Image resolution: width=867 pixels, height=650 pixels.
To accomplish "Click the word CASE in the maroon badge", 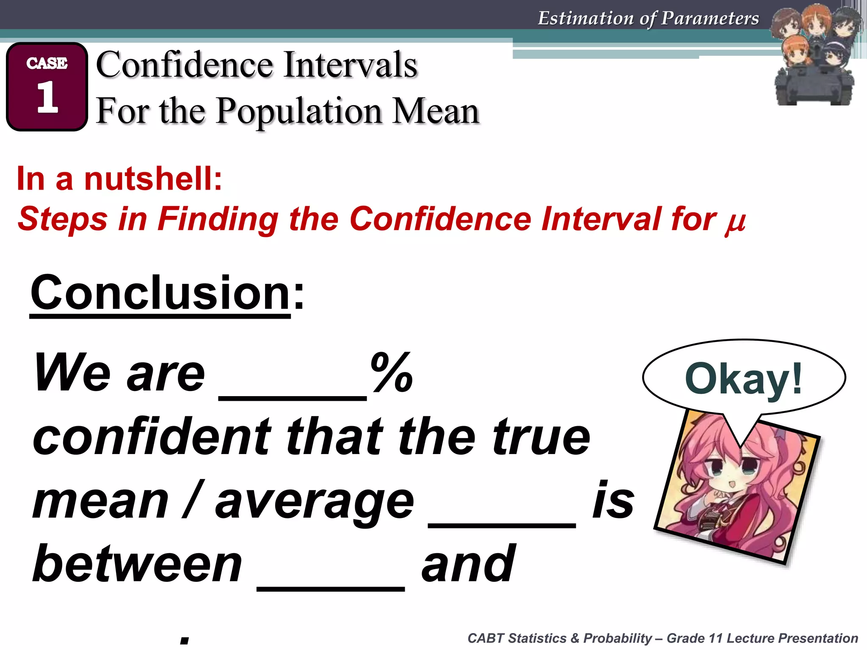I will (x=47, y=63).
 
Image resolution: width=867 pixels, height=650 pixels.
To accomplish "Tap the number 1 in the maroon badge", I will (x=47, y=98).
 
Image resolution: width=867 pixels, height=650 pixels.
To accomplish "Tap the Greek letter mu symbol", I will (x=735, y=221).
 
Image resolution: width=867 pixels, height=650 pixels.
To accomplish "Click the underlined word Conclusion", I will (x=160, y=293).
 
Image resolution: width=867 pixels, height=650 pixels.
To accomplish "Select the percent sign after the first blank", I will (x=391, y=372).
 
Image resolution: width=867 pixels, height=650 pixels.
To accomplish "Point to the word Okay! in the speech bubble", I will (x=743, y=379).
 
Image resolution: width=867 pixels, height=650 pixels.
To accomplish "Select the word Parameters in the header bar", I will (x=710, y=18).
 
